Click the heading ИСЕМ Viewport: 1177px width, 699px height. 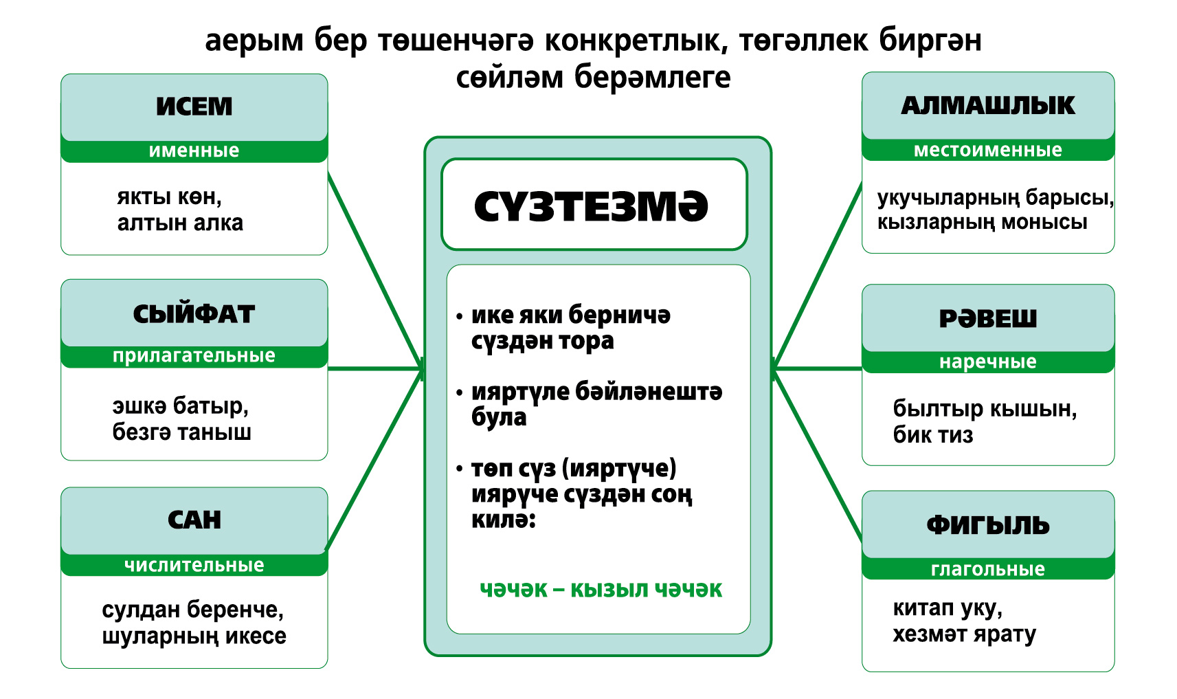pyautogui.click(x=194, y=106)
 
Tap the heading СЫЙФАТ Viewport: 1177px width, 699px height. pyautogui.click(x=194, y=314)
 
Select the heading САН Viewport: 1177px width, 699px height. pyautogui.click(x=194, y=520)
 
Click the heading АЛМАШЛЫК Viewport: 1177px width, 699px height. pyautogui.click(x=988, y=106)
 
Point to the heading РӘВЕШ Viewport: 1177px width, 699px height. pyautogui.click(x=988, y=318)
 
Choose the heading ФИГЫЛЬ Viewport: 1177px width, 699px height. pyautogui.click(x=988, y=525)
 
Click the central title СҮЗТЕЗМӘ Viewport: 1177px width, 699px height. pyautogui.click(x=591, y=206)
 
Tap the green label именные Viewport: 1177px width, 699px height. pyautogui.click(x=194, y=151)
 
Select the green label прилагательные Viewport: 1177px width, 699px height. pyautogui.click(x=194, y=356)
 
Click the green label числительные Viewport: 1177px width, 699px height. pyautogui.click(x=194, y=565)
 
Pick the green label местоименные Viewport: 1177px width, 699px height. pyautogui.click(x=988, y=150)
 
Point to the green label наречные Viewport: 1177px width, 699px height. pyautogui.click(x=988, y=362)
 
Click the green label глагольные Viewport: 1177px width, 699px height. pyautogui.click(x=988, y=568)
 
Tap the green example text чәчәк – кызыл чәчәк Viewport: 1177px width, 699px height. pyautogui.click(x=601, y=590)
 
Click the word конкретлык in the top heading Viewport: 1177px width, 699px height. pyautogui.click(x=636, y=41)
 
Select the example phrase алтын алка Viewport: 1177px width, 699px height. pyautogui.click(x=180, y=223)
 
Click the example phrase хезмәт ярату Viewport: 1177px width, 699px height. pyautogui.click(x=964, y=634)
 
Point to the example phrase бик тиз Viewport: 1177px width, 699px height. pyautogui.click(x=932, y=435)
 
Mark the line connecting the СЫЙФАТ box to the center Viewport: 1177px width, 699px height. pyautogui.click(x=375, y=368)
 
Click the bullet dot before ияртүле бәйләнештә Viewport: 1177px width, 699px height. pyautogui.click(x=459, y=392)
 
